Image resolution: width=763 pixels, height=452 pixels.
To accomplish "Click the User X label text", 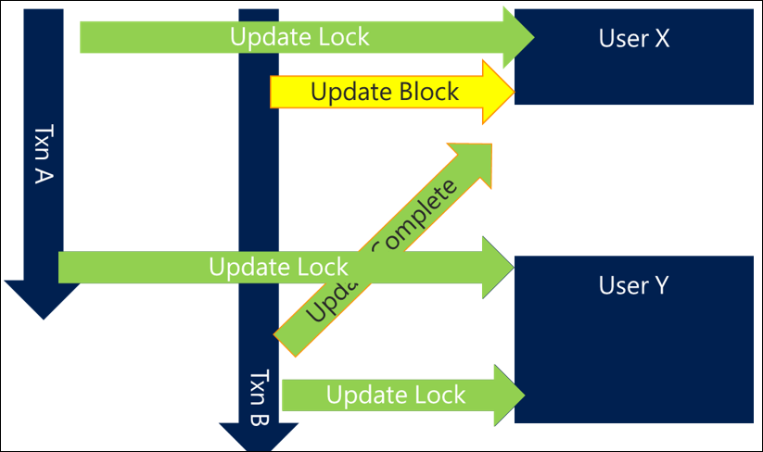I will tap(633, 39).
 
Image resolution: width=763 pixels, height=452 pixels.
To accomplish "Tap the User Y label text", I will tap(633, 285).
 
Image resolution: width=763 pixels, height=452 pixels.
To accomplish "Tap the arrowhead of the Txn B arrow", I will tap(259, 436).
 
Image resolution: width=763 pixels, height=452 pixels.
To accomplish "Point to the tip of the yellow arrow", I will tap(512, 91).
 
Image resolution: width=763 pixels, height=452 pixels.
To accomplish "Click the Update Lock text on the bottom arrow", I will tap(396, 395).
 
